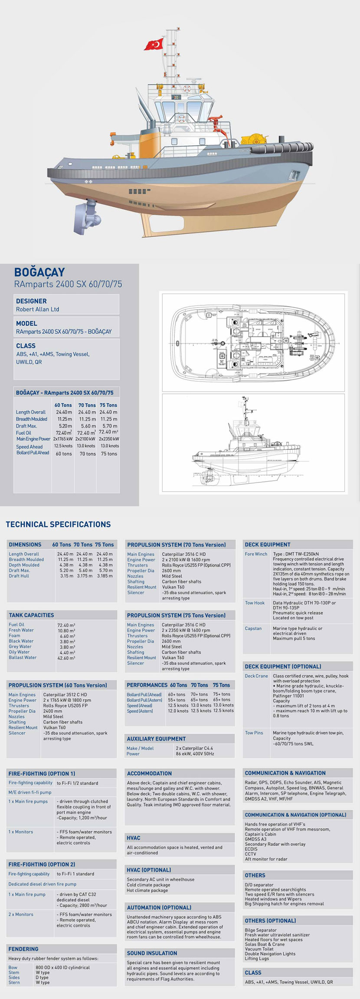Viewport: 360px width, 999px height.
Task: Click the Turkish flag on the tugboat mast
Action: tap(154, 44)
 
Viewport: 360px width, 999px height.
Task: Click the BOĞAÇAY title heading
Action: tap(39, 272)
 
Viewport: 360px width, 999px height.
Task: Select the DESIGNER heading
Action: tap(31, 301)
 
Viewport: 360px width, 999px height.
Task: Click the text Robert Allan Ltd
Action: tap(37, 309)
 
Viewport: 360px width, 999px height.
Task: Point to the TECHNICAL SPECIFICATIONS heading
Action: tap(58, 524)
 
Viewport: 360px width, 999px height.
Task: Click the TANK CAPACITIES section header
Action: tap(31, 615)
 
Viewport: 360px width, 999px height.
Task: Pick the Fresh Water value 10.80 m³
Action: tap(66, 630)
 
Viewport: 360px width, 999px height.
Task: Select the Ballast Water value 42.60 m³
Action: tap(66, 658)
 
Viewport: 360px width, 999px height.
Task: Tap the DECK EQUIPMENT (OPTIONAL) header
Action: tap(283, 666)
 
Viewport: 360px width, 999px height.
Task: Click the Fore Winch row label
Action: tap(256, 554)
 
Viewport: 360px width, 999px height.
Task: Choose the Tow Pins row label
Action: tap(254, 733)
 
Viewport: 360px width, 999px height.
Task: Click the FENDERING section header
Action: tap(23, 949)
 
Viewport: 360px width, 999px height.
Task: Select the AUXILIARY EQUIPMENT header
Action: tap(156, 739)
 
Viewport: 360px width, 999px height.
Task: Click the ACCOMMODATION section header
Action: tap(149, 773)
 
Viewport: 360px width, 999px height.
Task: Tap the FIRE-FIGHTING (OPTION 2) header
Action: tap(42, 865)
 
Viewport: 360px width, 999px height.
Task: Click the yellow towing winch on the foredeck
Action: tap(254, 139)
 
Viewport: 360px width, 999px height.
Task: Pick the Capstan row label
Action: tap(253, 628)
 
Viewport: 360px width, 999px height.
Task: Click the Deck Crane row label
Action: tap(256, 676)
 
